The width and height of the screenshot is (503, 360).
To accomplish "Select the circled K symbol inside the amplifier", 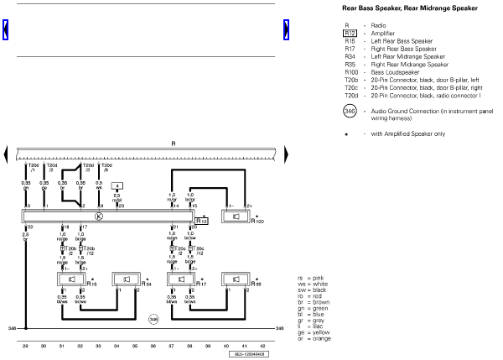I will [x=99, y=216].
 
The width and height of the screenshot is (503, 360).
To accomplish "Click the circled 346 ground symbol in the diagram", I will [x=153, y=319].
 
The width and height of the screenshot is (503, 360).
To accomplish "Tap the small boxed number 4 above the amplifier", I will [x=118, y=185].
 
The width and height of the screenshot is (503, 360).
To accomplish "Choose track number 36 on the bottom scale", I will [x=153, y=345].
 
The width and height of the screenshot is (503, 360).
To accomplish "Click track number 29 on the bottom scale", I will [x=25, y=345].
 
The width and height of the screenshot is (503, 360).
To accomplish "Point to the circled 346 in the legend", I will [x=350, y=110].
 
